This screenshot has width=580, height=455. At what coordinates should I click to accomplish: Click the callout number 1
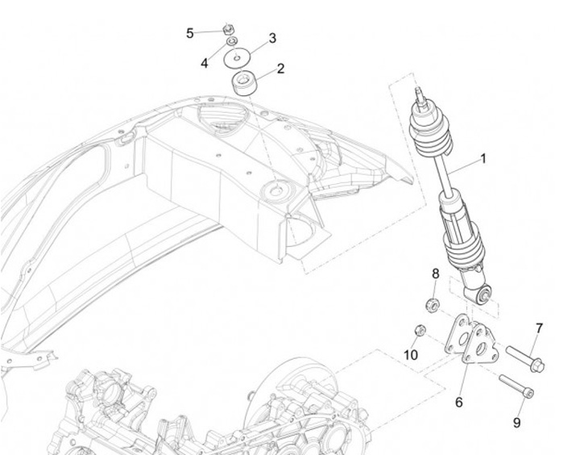(x=483, y=159)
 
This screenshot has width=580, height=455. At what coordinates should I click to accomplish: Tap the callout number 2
(x=280, y=69)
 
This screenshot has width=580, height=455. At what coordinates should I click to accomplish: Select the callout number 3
(x=272, y=38)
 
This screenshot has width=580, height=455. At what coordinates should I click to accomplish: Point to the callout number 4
(x=205, y=63)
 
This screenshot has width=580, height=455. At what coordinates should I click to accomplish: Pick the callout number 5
(x=190, y=33)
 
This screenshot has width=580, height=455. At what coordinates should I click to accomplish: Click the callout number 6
(x=459, y=402)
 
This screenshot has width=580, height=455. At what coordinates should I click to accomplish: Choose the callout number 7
(x=539, y=328)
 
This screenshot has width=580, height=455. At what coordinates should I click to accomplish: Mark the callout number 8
(x=436, y=273)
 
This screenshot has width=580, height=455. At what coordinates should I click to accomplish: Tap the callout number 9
(x=517, y=423)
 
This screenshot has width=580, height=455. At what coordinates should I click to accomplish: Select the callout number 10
(x=411, y=354)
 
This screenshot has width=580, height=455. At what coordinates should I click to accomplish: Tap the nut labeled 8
(x=431, y=305)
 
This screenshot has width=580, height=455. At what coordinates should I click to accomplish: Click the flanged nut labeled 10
(x=419, y=331)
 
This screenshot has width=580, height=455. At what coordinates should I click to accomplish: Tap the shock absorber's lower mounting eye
(x=484, y=294)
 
